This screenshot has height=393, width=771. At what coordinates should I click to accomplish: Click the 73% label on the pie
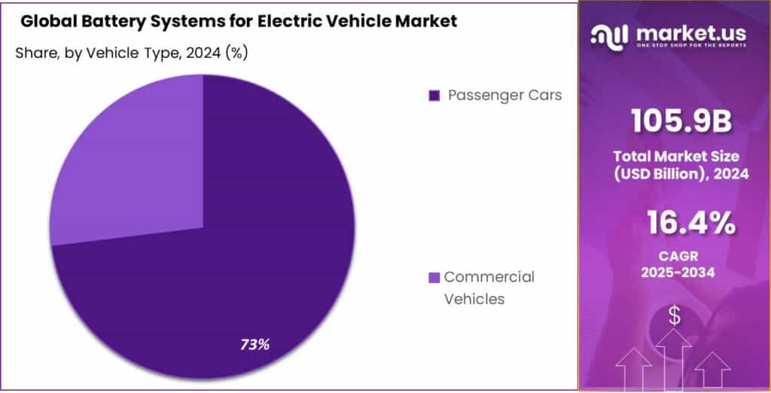coord(255,345)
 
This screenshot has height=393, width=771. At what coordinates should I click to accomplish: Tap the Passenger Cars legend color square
coord(433,96)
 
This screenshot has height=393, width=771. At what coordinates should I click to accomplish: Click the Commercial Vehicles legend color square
coord(433,278)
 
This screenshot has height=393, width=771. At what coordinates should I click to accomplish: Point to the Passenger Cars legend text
coord(504,96)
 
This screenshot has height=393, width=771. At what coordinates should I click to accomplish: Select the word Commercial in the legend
coord(489,277)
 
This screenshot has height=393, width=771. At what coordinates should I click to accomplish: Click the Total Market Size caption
coord(674,157)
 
